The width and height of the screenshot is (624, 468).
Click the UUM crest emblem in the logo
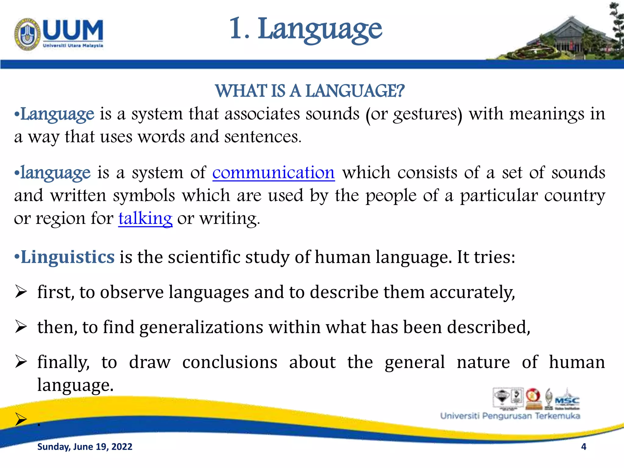pyautogui.click(x=27, y=34)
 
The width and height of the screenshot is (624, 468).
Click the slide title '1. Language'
pyautogui.click(x=306, y=30)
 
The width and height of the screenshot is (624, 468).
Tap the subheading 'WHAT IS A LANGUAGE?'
pyautogui.click(x=310, y=91)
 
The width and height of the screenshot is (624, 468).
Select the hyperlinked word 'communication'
pyautogui.click(x=273, y=173)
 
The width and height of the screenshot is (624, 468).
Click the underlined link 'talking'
pyautogui.click(x=145, y=218)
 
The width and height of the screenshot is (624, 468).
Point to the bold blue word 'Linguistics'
pyautogui.click(x=67, y=257)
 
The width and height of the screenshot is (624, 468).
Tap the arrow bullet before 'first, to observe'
pyautogui.click(x=21, y=292)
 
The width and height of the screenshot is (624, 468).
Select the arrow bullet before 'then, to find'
pyautogui.click(x=21, y=327)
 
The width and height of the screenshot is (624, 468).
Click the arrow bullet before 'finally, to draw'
pyautogui.click(x=21, y=362)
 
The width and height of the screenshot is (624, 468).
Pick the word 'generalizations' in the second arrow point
pyautogui.click(x=201, y=328)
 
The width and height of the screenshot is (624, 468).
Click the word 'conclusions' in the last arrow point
pyautogui.click(x=230, y=362)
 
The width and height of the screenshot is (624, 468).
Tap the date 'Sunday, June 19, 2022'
pyautogui.click(x=85, y=447)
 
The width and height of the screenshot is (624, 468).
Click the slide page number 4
pyautogui.click(x=583, y=447)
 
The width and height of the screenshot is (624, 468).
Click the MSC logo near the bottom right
pyautogui.click(x=567, y=400)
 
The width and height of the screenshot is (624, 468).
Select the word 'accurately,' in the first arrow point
pyautogui.click(x=472, y=292)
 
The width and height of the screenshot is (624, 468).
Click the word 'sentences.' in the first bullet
pyautogui.click(x=263, y=137)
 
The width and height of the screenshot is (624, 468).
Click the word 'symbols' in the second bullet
pyautogui.click(x=144, y=196)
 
